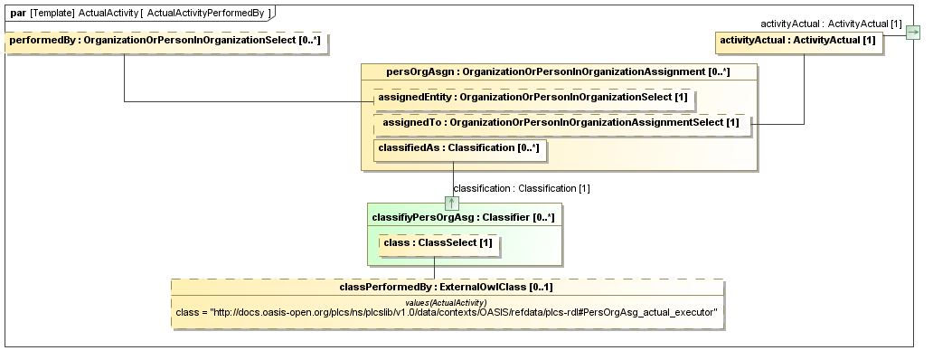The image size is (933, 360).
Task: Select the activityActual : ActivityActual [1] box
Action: [799, 43]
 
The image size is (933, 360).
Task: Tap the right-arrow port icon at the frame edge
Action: [913, 33]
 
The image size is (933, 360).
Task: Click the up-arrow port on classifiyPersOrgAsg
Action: [452, 202]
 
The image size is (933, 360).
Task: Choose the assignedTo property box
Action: [561, 122]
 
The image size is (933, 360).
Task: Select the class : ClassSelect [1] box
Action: [438, 244]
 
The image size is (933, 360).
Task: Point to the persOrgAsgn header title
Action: [558, 72]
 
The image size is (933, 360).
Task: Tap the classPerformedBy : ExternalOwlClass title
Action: [446, 287]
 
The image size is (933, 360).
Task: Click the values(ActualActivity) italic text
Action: [447, 302]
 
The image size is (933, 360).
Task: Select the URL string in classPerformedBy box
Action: [447, 312]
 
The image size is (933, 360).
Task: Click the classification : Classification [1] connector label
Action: [522, 188]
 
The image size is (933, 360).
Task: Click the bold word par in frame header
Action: [17, 13]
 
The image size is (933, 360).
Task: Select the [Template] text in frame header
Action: [52, 13]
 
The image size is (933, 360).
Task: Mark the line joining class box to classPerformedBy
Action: [435, 268]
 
